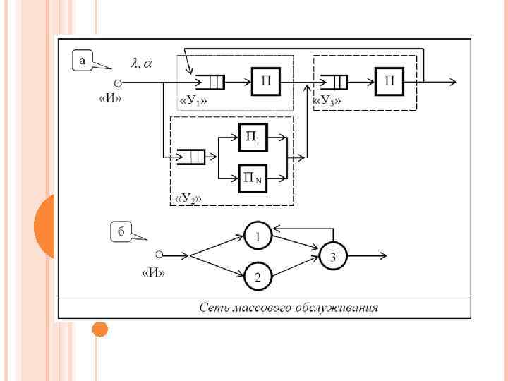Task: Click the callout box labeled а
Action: coord(83,61)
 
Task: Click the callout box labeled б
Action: coord(122,232)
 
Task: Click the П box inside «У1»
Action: coord(266,82)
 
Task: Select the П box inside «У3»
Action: coord(389,82)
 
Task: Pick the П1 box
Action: coord(253,138)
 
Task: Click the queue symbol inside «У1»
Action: coord(210,83)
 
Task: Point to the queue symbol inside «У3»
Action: coord(334,83)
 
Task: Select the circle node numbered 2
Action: coord(258,277)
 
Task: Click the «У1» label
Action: coord(193,101)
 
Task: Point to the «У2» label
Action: coord(188,200)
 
